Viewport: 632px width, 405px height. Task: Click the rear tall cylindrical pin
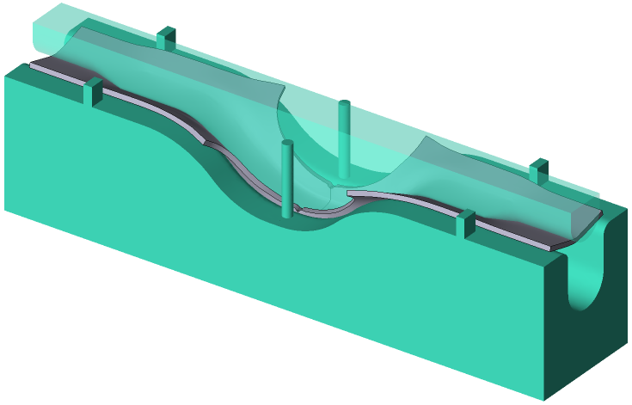tap(344, 138)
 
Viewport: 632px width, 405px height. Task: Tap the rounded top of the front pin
tap(287, 144)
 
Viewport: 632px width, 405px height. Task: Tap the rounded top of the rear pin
tap(344, 104)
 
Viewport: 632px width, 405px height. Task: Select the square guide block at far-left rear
tap(167, 38)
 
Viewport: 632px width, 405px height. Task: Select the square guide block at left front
tap(94, 92)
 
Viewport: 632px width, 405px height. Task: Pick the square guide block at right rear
tap(539, 170)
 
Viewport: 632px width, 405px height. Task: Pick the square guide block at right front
tap(465, 224)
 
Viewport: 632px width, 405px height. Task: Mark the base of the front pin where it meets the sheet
tap(287, 210)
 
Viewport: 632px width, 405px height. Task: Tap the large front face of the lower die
tap(258, 284)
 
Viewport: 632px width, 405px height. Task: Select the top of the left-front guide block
tap(94, 83)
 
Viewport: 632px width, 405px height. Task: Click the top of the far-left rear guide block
tap(167, 31)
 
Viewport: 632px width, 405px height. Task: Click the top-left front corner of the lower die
tap(7, 76)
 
